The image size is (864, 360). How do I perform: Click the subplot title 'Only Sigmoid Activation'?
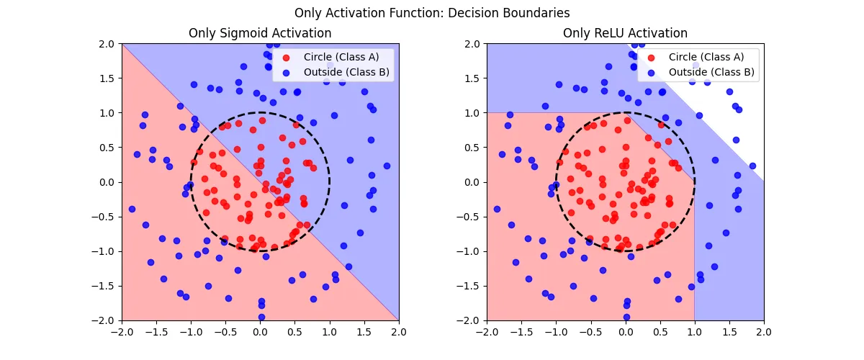pyautogui.click(x=260, y=33)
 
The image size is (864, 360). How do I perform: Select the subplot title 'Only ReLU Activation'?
pyautogui.click(x=625, y=33)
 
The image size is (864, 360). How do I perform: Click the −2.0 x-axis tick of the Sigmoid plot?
pyautogui.click(x=122, y=332)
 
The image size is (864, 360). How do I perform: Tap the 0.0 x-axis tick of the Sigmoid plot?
pyautogui.click(x=260, y=332)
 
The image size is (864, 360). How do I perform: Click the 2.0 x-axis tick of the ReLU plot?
pyautogui.click(x=763, y=332)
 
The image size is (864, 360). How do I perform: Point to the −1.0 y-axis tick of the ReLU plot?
pyautogui.click(x=471, y=251)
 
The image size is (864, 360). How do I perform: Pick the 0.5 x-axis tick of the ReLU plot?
pyautogui.click(x=660, y=332)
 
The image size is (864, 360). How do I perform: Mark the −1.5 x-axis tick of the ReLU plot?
pyautogui.click(x=521, y=332)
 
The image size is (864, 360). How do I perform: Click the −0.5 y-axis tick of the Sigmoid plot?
pyautogui.click(x=106, y=217)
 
